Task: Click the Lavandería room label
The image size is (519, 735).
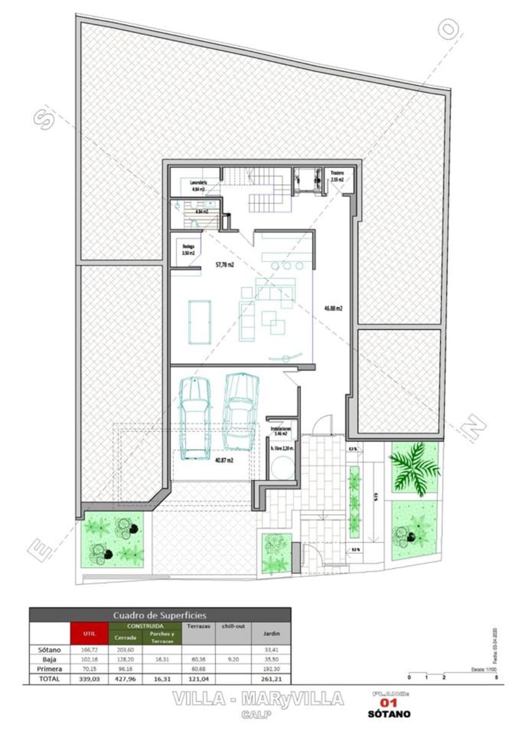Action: coord(198,183)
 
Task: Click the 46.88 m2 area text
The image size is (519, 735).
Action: coord(333,308)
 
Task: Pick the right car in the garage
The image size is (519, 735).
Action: coord(239,410)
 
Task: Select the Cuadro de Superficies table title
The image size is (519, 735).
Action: coord(160,614)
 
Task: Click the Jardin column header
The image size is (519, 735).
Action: coord(271,633)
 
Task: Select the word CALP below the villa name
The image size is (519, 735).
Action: coord(258,714)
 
